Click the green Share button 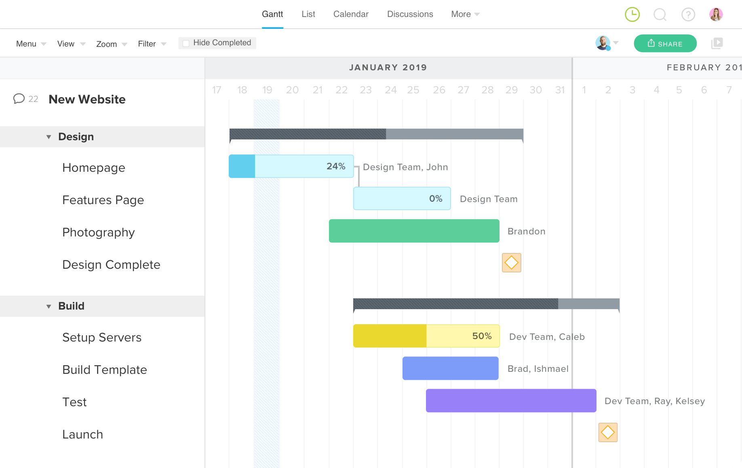coord(665,44)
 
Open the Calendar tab coord(351,14)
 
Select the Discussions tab coord(410,14)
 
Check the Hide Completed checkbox coord(186,43)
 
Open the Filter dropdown coord(152,44)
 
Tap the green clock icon coord(632,15)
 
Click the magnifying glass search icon coord(660,15)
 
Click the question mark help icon coord(688,15)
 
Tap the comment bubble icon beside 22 coord(19,99)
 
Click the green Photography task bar coord(414,231)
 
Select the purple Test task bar coord(511,401)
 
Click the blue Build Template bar coord(450,368)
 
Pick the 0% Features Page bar coord(402,198)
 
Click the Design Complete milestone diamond coord(511,263)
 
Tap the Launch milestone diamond coord(608,432)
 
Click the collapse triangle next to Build coord(48,306)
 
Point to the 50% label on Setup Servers coord(482,336)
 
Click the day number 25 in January coord(413,90)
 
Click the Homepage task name coord(94,168)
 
